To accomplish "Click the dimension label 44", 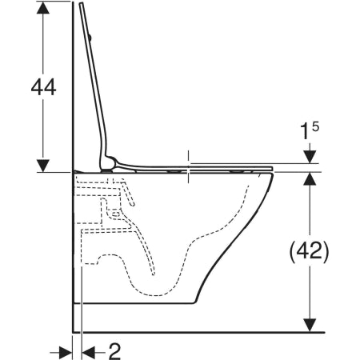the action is tap(43, 87).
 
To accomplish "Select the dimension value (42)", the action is tap(310, 252).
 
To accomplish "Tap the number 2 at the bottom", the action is tap(115, 351).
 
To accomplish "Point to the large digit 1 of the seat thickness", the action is tap(305, 132).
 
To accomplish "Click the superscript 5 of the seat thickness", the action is tap(315, 126).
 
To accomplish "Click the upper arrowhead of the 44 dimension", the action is tap(43, 8).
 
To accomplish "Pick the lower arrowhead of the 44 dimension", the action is tap(43, 166).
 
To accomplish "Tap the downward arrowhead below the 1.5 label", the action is tap(310, 157).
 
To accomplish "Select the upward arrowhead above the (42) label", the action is tap(310, 178).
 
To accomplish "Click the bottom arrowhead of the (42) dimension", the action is tap(310, 326).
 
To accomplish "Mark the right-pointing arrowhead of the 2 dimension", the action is tap(66, 353).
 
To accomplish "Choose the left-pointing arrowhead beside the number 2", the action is tap(89, 353).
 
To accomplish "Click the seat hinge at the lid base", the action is tap(109, 164).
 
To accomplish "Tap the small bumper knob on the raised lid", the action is tap(90, 38).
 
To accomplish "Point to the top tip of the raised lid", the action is tap(81, 2).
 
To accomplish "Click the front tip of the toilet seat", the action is tap(272, 169).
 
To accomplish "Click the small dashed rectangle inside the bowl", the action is tap(115, 214).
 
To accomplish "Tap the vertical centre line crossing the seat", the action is tap(189, 167).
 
